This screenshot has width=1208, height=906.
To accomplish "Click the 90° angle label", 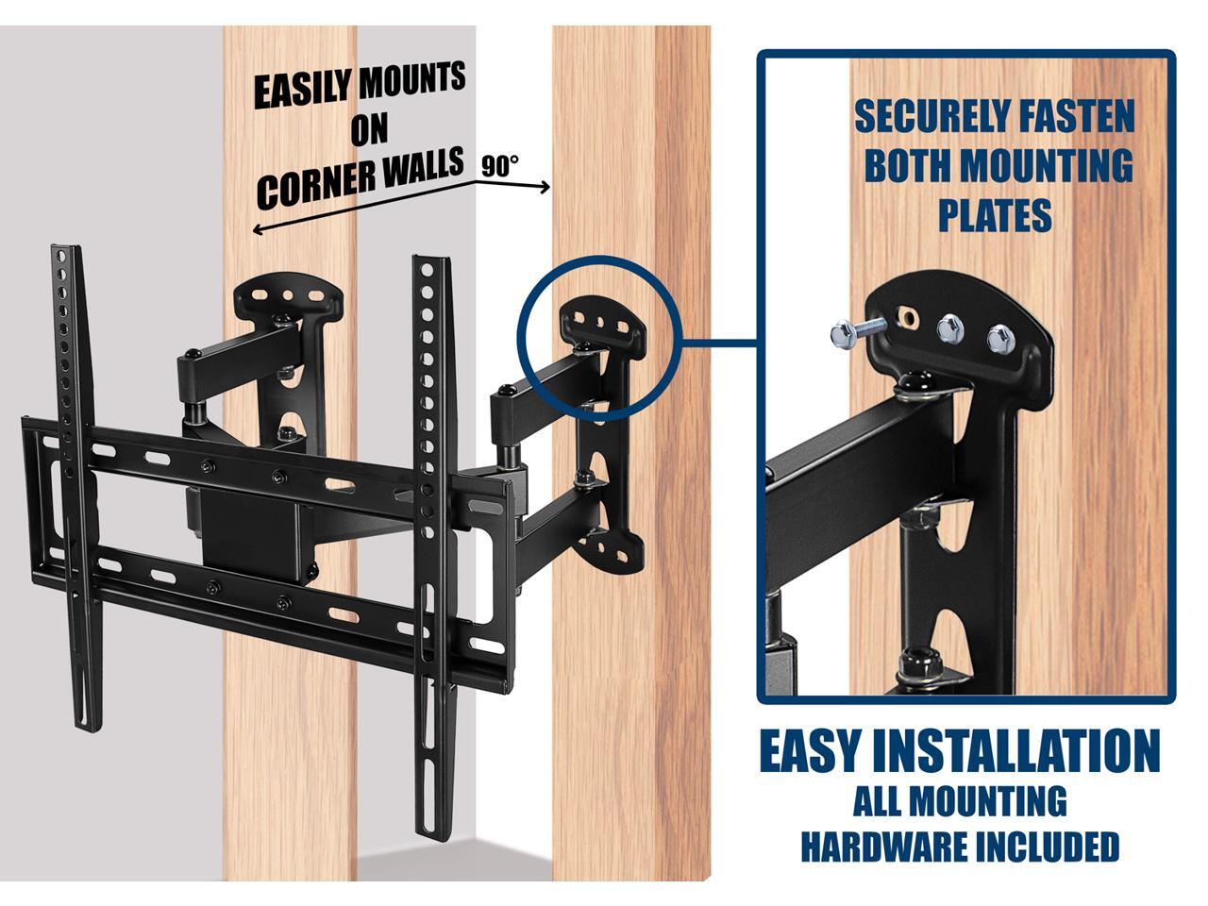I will (500, 166).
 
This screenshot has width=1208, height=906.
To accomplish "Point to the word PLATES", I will (995, 216).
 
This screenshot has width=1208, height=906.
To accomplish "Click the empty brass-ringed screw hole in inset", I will (908, 316).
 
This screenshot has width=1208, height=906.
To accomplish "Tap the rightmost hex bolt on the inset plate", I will (1000, 339).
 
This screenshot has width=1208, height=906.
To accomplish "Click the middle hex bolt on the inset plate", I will (950, 329).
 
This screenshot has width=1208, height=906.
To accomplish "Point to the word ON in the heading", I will (369, 129).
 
